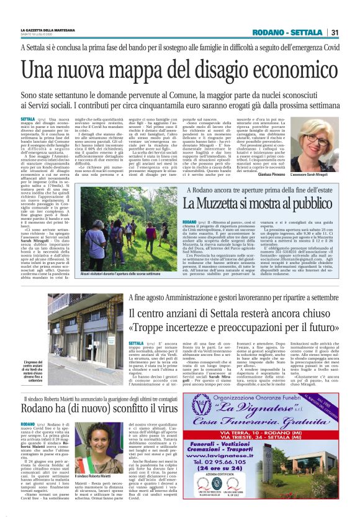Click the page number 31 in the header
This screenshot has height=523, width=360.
334,33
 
